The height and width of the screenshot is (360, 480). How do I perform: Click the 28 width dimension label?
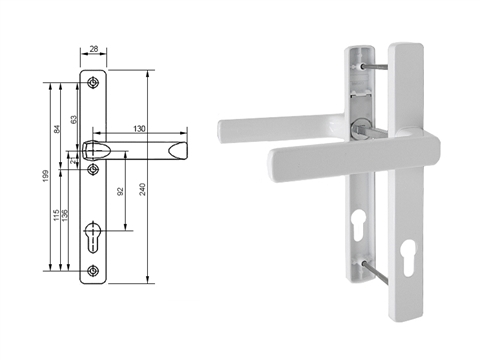tap(94, 49)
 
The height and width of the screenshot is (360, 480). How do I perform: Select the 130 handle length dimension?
tap(139, 129)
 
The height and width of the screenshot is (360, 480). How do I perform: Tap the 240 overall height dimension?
tap(143, 189)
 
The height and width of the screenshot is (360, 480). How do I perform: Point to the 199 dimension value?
tap(46, 176)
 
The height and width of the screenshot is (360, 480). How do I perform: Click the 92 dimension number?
tap(120, 191)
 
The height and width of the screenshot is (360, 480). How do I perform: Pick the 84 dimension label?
tap(57, 129)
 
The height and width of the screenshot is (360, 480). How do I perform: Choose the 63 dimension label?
tap(74, 119)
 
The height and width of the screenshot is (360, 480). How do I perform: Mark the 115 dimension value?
tap(56, 215)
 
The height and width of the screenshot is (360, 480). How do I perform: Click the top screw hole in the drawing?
tap(93, 82)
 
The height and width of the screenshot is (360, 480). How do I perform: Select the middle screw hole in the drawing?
tap(93, 170)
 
